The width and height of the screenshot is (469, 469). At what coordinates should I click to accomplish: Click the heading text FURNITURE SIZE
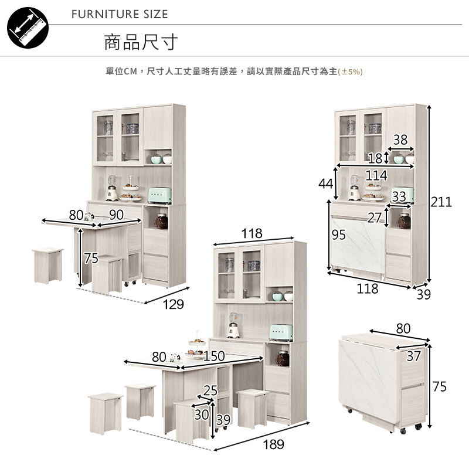point(120,14)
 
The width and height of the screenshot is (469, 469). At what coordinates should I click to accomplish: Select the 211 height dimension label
point(441,202)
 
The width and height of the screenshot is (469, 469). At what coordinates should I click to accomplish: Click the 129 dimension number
point(173,305)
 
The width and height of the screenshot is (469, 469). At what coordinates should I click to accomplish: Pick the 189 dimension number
point(273,444)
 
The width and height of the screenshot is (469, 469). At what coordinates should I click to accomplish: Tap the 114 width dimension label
point(376,175)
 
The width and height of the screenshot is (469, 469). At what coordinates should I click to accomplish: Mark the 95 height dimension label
point(339,235)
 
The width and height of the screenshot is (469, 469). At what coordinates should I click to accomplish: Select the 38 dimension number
point(400,140)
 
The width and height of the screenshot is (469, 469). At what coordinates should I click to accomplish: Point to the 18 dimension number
point(375,157)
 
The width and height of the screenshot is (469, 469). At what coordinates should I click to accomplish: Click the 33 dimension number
point(399,196)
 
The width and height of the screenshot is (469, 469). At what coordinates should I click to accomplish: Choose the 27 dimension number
point(375,218)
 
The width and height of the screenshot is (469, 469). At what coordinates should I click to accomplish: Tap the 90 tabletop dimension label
point(116,215)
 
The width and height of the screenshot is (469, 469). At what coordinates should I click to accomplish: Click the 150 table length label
point(214,356)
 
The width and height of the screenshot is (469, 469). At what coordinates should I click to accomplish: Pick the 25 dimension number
point(210,390)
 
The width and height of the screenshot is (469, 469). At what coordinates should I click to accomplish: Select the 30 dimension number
point(201,414)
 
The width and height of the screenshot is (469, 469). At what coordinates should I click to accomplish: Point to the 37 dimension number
point(413,355)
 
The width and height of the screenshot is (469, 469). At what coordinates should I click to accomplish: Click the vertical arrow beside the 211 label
point(430,193)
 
